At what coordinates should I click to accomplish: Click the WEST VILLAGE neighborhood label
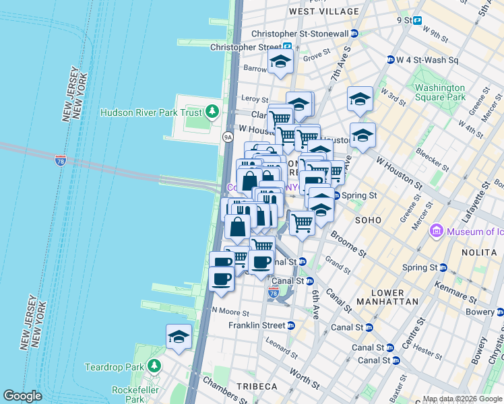pos(324,11)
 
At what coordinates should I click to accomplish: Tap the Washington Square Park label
pos(440,92)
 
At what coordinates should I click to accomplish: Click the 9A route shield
pos(228,137)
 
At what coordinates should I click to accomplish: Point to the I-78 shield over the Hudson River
pos(61,160)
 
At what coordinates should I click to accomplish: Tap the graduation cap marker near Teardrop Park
pos(179,337)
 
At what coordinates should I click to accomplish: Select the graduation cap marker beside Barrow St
pos(280,62)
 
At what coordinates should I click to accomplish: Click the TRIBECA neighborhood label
pos(257,386)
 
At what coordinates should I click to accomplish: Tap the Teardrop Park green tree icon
pos(155,366)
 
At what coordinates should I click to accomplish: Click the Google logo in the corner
pos(22,395)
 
